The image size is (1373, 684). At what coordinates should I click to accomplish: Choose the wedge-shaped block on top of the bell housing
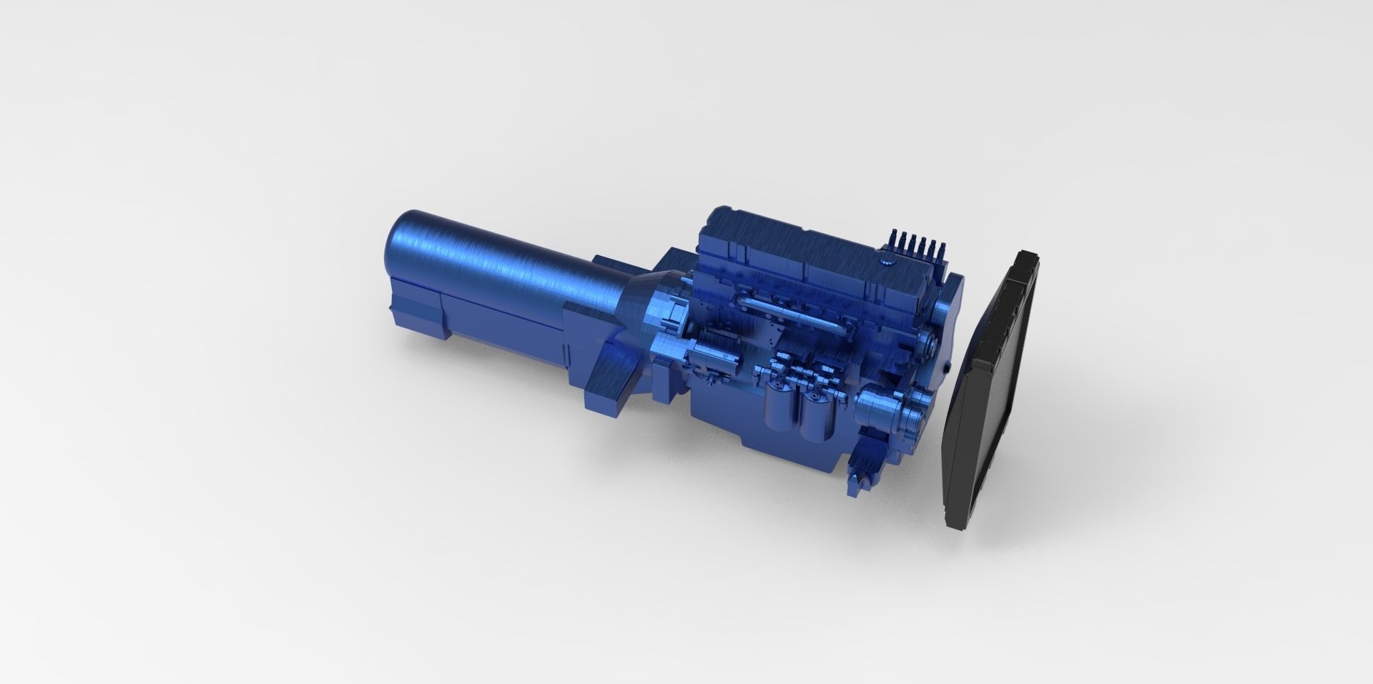[x=611, y=264]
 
